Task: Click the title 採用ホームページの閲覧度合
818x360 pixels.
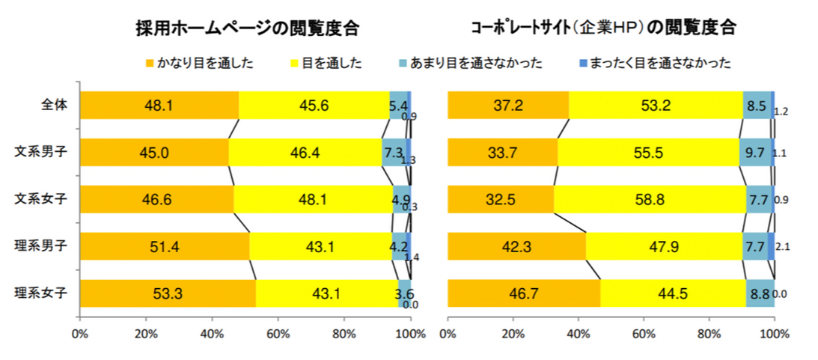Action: [x=247, y=29]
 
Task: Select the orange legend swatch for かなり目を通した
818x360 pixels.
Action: [x=150, y=63]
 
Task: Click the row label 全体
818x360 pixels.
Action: [x=55, y=106]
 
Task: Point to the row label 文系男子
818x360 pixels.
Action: [x=44, y=152]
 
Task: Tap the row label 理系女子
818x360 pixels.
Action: [x=44, y=293]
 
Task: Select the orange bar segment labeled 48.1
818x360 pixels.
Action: [x=159, y=106]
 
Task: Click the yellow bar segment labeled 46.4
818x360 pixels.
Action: [x=305, y=153]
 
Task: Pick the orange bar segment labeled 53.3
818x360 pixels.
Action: [x=168, y=293]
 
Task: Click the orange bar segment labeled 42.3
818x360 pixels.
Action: [x=516, y=246]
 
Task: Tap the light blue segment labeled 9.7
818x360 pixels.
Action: [x=755, y=153]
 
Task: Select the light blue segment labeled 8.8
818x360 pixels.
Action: [x=759, y=293]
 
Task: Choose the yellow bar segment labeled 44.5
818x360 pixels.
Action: [x=672, y=293]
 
